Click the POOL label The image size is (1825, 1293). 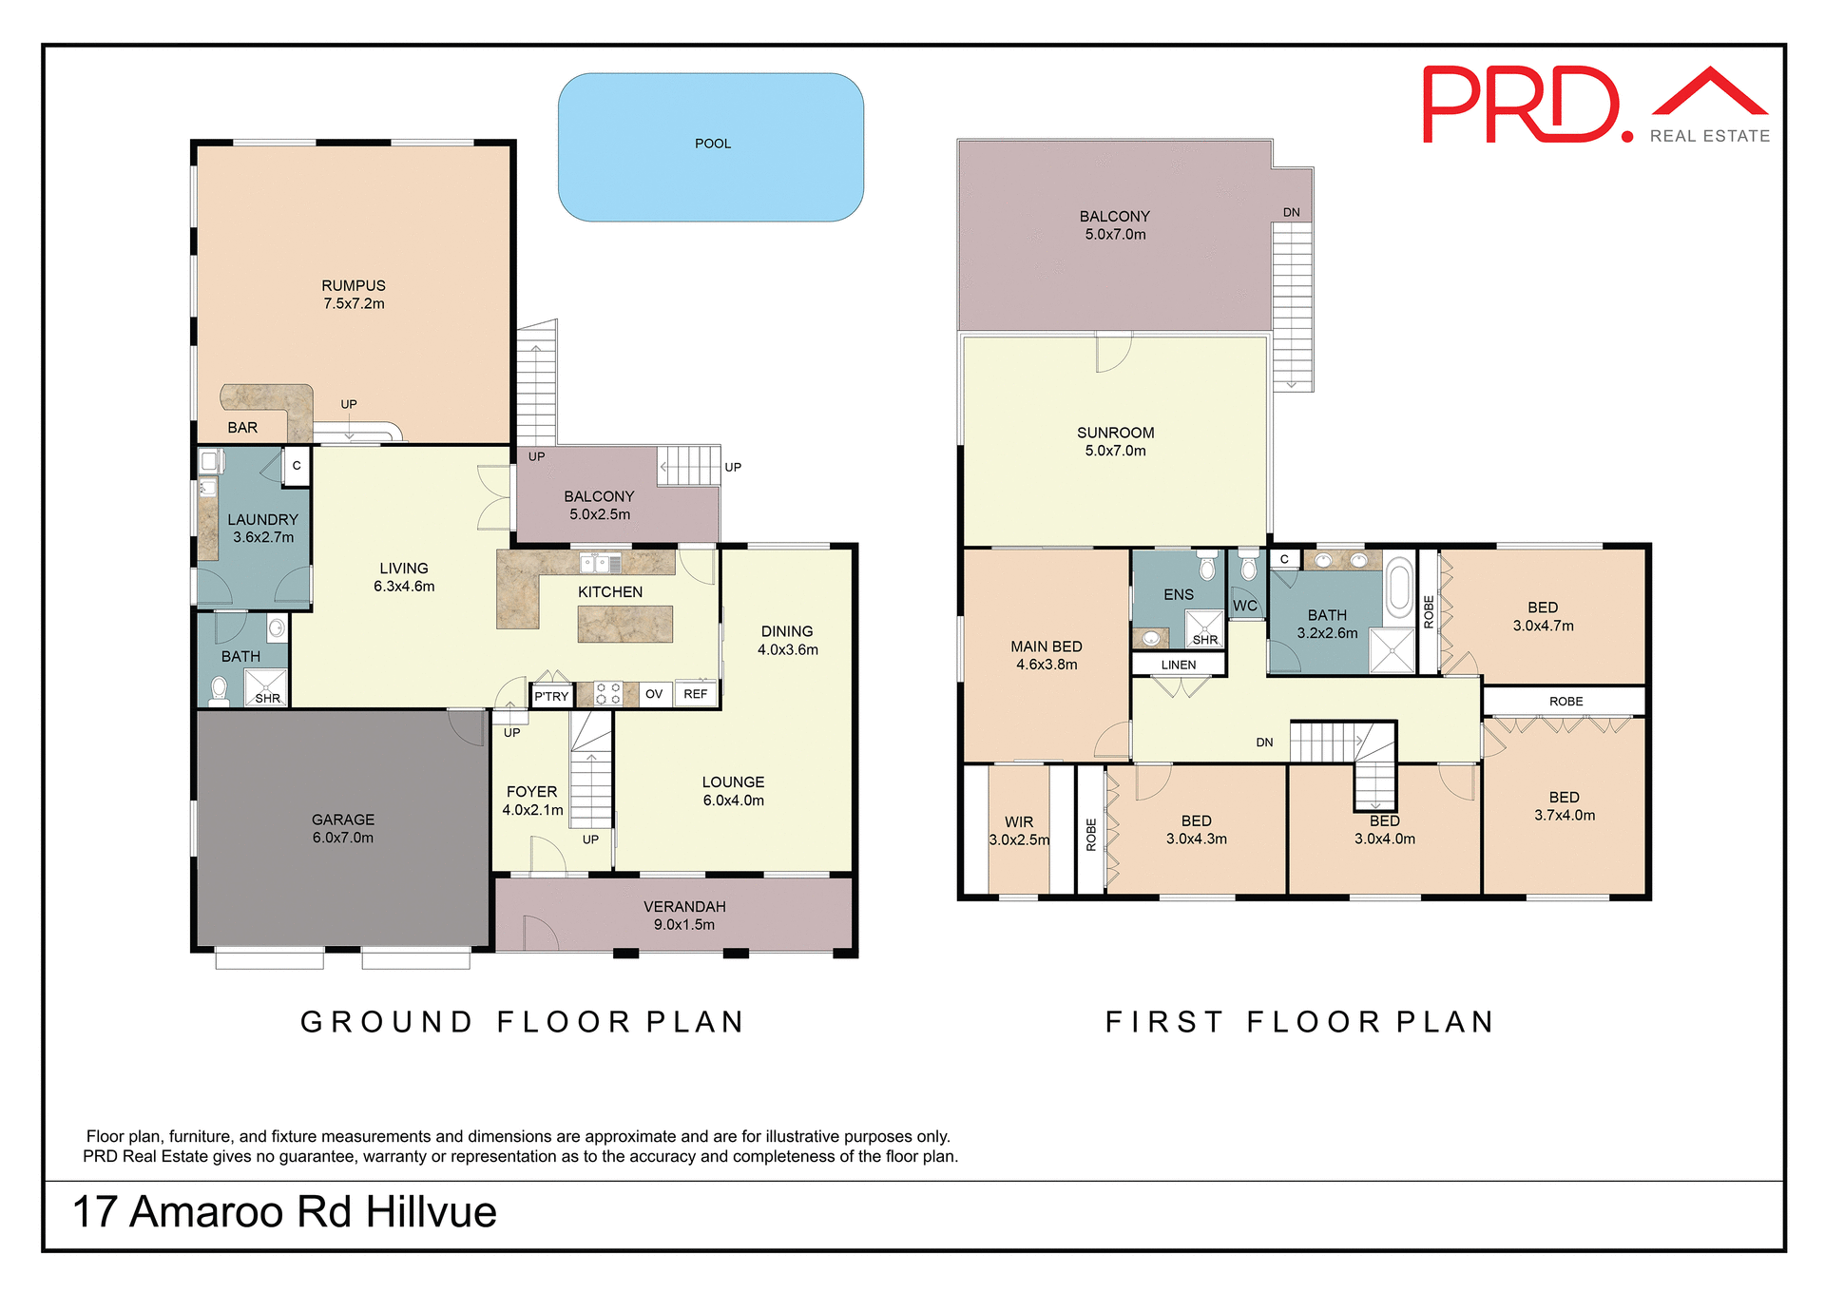point(712,144)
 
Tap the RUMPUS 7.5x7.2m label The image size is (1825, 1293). point(354,295)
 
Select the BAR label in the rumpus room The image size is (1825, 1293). point(242,428)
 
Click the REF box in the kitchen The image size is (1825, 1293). point(695,694)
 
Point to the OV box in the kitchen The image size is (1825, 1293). point(653,694)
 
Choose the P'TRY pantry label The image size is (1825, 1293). point(551,696)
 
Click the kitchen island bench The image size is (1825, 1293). point(624,625)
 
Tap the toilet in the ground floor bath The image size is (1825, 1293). point(220,689)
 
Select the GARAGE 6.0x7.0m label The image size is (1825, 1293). point(342,828)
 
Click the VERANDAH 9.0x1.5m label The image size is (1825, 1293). point(684,916)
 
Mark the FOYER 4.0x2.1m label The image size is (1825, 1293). point(532,801)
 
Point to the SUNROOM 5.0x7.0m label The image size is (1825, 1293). point(1115,441)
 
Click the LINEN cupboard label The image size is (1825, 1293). point(1178,665)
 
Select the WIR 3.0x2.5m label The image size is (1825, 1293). point(1019,831)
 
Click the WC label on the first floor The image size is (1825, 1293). point(1244,606)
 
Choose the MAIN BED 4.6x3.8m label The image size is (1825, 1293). point(1046,655)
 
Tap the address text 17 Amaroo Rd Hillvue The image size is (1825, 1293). point(284,1212)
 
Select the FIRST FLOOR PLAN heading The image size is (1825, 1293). point(1299,1022)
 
